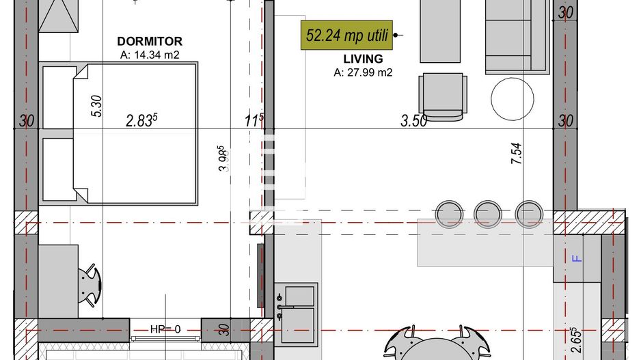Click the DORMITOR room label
pos(149,42)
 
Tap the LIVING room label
pos(368,59)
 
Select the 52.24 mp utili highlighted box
pos(347,35)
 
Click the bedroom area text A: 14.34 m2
pos(149,55)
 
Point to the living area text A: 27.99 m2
pos(363,72)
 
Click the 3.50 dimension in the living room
pos(413,122)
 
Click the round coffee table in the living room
pos(513,98)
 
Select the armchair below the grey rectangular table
pos(443,95)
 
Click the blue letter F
pos(575,258)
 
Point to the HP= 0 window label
pos(165,329)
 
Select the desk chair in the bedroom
pos(89,286)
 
